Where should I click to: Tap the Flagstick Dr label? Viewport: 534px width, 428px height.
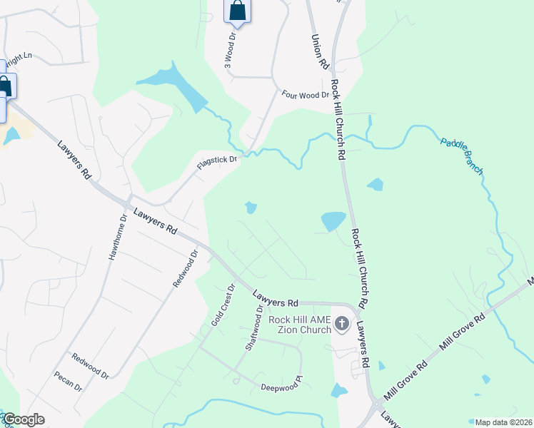[217, 164]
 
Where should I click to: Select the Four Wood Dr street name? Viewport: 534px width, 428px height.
[305, 94]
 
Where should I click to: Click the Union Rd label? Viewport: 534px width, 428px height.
[319, 52]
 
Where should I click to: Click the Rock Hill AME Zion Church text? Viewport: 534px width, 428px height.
[301, 325]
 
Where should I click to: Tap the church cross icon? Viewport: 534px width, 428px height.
[342, 325]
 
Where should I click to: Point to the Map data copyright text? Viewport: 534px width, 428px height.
[504, 422]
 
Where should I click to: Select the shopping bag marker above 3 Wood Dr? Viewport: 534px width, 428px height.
[237, 11]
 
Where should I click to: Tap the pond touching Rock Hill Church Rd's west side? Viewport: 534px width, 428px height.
[333, 221]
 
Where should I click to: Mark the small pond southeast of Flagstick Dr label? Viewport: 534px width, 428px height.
[251, 208]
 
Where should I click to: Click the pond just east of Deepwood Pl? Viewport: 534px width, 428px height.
[338, 390]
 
